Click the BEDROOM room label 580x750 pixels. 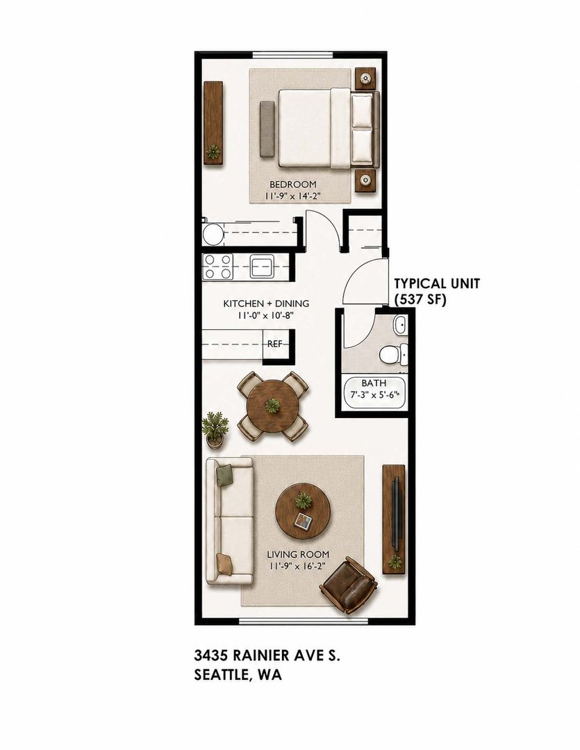[293, 184]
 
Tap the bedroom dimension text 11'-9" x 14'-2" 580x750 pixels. [292, 196]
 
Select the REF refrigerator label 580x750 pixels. [274, 344]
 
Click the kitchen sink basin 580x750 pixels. [262, 266]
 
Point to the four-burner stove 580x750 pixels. [217, 267]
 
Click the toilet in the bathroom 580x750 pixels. [393, 354]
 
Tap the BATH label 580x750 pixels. [374, 383]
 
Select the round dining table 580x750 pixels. [273, 406]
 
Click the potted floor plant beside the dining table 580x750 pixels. [214, 430]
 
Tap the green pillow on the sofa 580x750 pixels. [224, 476]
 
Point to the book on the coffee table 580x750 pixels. [303, 520]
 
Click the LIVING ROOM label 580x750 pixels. [298, 555]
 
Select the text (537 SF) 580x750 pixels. [420, 300]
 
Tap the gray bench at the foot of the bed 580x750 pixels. [267, 128]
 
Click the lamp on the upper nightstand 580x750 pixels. [366, 78]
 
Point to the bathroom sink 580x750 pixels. [399, 325]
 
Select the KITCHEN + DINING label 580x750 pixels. [266, 303]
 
